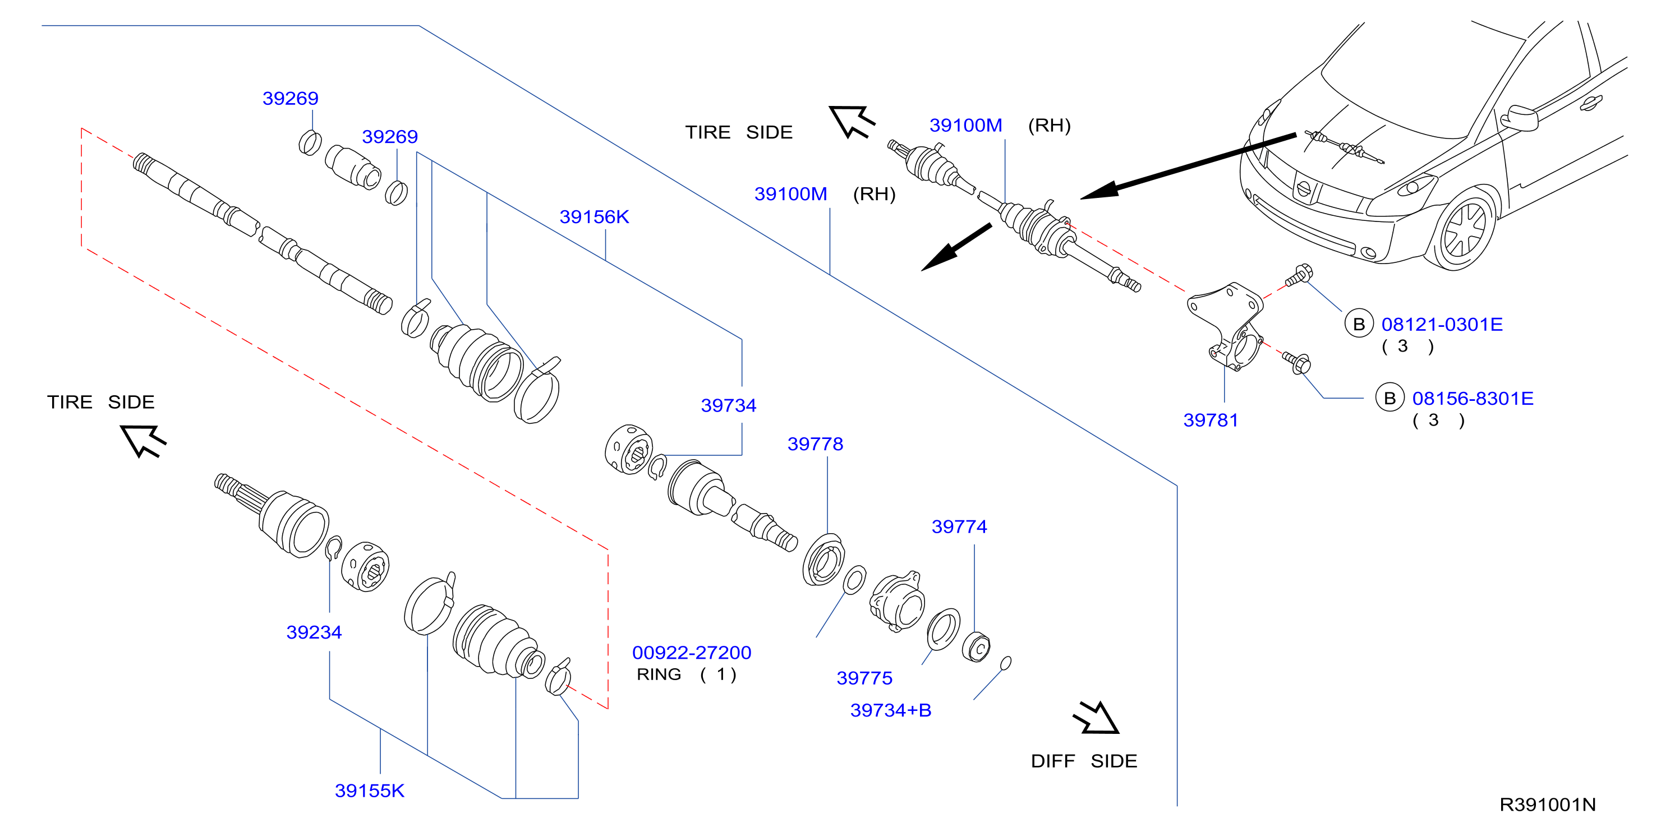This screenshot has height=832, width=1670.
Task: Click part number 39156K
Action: (594, 216)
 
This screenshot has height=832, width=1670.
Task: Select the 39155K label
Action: (370, 791)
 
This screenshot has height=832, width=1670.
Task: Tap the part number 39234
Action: (314, 632)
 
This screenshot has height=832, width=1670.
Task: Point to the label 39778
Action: (815, 444)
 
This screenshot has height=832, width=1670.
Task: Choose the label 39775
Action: (864, 678)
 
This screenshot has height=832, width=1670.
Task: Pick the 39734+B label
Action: (891, 710)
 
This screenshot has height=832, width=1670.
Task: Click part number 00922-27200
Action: (692, 653)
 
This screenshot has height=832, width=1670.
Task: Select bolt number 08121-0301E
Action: (1442, 324)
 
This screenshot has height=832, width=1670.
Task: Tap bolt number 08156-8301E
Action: (1473, 399)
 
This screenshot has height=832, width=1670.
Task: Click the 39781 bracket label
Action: (1211, 420)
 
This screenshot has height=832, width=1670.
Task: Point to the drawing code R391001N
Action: (1548, 804)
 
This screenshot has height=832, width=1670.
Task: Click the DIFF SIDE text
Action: (1084, 761)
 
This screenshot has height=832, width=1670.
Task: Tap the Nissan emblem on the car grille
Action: (1303, 189)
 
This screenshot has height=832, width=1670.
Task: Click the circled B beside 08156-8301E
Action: (1390, 398)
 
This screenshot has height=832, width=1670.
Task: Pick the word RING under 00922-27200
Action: (659, 674)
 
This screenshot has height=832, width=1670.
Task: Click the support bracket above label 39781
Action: (1226, 326)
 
